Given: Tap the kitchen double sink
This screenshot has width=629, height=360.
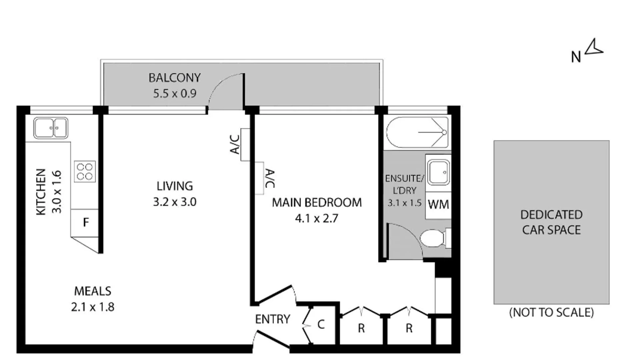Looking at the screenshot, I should (51, 128).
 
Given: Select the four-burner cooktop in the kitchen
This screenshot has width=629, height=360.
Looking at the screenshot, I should (85, 171).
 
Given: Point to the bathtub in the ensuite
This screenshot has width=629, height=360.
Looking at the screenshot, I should (417, 133).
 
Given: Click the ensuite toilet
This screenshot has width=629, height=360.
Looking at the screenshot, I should (434, 238).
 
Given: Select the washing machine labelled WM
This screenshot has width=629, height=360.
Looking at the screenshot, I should (438, 205).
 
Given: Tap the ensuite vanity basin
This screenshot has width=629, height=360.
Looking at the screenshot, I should (439, 172).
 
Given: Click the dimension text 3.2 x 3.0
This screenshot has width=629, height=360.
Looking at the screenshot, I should (174, 202).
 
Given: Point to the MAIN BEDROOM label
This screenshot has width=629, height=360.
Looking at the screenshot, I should (316, 202).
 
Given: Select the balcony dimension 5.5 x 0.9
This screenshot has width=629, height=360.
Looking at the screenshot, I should (174, 94).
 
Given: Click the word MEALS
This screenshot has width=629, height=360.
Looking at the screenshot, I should (92, 291).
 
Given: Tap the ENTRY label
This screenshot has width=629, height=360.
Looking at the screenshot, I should (272, 319).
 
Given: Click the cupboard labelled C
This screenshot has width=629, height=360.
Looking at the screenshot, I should (321, 324).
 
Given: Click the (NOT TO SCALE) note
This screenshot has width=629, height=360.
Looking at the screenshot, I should (551, 312).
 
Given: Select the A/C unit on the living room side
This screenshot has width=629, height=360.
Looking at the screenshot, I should (245, 144).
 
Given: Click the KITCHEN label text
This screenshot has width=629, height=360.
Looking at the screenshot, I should (41, 192).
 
